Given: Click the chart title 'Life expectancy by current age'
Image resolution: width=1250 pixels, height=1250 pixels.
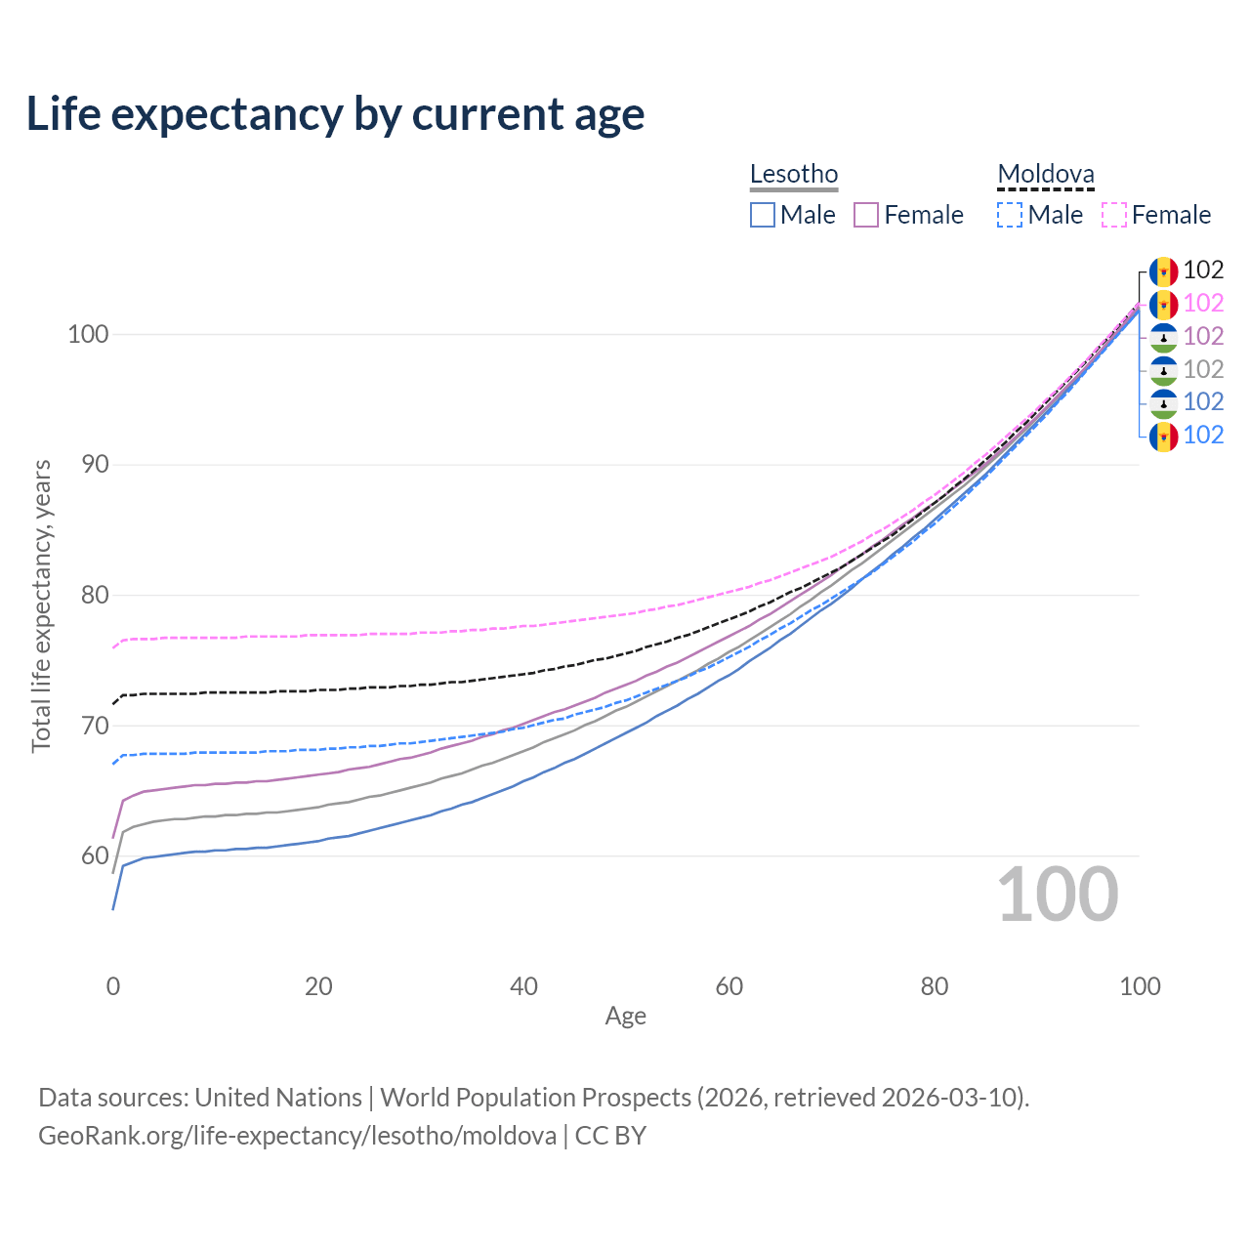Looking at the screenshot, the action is (x=335, y=115).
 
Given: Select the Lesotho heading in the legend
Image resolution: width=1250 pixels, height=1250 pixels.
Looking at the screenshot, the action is (x=793, y=174).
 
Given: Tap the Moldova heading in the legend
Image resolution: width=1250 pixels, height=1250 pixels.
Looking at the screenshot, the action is (x=1045, y=174).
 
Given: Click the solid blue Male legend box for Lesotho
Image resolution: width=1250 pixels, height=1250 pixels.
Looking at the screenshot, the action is (x=762, y=215).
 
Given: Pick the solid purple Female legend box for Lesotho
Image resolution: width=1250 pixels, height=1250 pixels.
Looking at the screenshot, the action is (x=865, y=215).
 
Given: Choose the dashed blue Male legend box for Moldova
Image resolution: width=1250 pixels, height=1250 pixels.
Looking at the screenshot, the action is (x=1010, y=215).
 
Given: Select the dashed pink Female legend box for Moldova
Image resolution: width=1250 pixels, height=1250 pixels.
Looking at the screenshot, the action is (x=1114, y=215).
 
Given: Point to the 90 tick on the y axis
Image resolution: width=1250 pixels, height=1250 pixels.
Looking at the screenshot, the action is (x=95, y=465).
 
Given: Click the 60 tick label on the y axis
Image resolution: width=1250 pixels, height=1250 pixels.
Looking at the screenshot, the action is (x=95, y=855).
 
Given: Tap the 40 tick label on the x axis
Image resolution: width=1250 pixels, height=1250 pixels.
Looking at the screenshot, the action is (x=523, y=986).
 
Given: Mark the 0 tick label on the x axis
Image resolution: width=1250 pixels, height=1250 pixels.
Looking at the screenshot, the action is (x=113, y=986).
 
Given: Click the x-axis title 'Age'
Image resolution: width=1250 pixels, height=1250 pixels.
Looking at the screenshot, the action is (x=625, y=1017).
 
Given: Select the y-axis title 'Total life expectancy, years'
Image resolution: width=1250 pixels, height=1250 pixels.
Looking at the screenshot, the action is (x=41, y=605).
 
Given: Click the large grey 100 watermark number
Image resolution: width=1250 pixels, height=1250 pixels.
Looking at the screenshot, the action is (x=1058, y=895).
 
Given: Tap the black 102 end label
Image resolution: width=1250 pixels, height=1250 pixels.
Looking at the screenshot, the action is (x=1203, y=270).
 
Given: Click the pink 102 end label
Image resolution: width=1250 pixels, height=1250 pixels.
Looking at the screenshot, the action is (x=1203, y=303).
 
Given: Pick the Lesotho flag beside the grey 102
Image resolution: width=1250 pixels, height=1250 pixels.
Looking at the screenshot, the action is (x=1163, y=370).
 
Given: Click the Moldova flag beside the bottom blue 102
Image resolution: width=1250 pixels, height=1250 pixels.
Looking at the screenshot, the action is (x=1163, y=436).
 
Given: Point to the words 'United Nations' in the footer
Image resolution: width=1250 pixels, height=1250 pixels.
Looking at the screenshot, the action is (x=278, y=1098).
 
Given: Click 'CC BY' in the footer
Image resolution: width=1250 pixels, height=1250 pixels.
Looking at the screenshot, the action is (x=610, y=1136).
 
